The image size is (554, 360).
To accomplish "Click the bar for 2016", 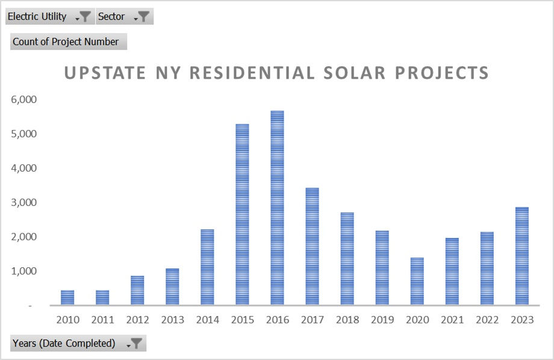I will [x=277, y=208].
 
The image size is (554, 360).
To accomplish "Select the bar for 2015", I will [x=242, y=214].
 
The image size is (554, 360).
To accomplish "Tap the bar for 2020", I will [x=417, y=281].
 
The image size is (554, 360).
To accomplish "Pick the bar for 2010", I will [x=67, y=297].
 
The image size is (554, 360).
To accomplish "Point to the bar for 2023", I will [x=521, y=256].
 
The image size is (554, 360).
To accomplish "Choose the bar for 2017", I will [x=312, y=246].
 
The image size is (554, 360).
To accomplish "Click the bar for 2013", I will [x=172, y=287].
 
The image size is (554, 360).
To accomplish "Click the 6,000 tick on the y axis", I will [x=24, y=99].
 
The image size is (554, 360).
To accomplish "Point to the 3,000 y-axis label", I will [x=24, y=202].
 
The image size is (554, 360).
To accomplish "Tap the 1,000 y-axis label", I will [x=24, y=271].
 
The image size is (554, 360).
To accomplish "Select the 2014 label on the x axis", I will [x=207, y=320].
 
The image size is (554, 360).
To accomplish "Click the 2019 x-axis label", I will [x=382, y=320].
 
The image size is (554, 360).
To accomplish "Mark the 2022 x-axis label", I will [x=487, y=320].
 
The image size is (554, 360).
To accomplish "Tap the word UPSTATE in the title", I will [x=105, y=73].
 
